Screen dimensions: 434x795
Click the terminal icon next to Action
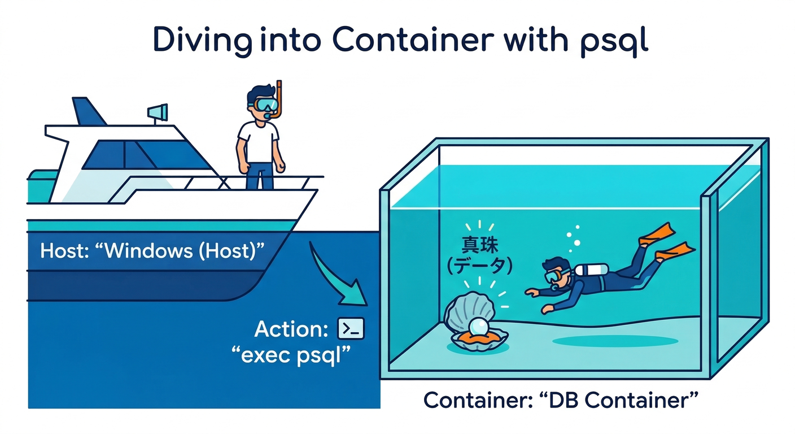[x=351, y=328]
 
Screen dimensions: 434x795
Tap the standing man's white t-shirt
[x=258, y=142]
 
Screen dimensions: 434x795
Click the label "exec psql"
[x=291, y=356]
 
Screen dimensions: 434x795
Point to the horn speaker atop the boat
[x=158, y=111]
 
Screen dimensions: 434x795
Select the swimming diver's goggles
[x=552, y=276]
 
